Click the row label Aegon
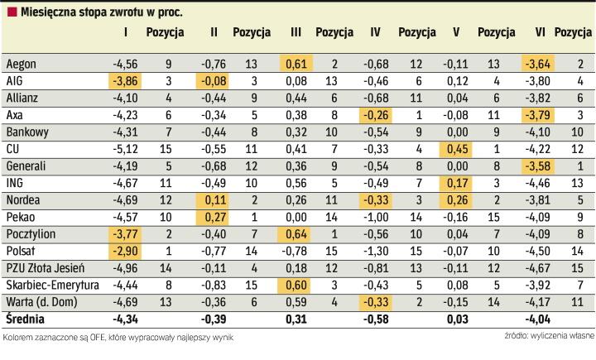[20, 63]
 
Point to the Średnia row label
[26, 318]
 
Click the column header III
[296, 33]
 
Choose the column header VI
[540, 33]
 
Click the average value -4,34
[125, 318]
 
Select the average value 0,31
[296, 318]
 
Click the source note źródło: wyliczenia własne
[546, 336]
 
